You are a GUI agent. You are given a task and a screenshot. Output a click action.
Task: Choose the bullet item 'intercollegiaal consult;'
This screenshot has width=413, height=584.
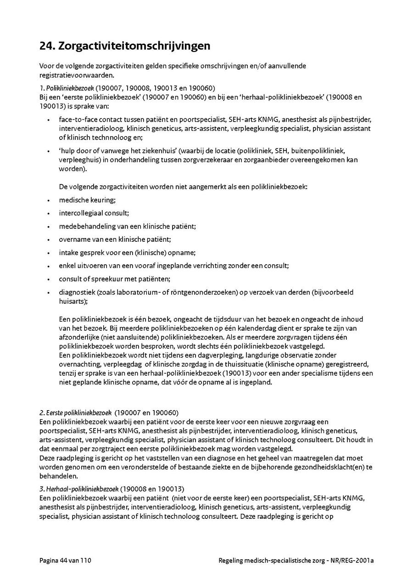(x=94, y=213)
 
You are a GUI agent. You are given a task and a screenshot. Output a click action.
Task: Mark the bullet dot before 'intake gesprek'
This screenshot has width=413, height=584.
(x=49, y=253)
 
